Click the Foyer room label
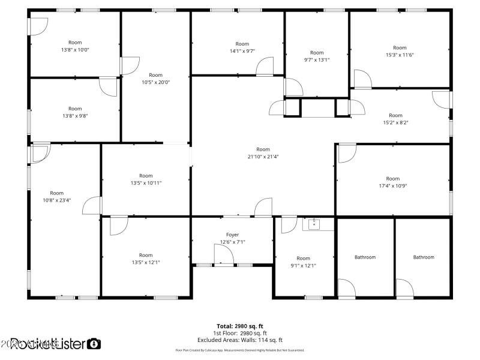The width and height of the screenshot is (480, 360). click(232, 235)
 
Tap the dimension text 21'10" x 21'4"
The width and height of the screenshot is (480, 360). click(263, 157)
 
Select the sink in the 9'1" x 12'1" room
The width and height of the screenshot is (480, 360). click(314, 224)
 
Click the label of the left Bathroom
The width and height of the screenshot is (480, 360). click(365, 257)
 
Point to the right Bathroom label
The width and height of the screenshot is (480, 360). click(423, 257)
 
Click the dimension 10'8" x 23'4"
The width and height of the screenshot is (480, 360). click(57, 200)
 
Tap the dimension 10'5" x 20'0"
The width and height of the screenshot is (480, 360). click(155, 82)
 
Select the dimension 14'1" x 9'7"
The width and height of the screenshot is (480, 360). click(242, 51)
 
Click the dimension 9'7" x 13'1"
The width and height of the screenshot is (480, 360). click(317, 60)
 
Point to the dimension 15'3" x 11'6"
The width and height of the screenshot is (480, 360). click(400, 55)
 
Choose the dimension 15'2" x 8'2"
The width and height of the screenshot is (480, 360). click(395, 122)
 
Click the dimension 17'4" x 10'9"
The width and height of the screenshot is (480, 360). click(392, 185)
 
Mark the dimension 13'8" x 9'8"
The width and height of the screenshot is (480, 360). click(75, 116)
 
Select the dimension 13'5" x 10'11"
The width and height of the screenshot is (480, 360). click(146, 183)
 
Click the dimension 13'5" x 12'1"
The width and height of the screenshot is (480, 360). click(146, 262)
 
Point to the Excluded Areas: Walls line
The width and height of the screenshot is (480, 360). click(241, 340)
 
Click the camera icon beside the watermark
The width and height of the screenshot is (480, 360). click(94, 344)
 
